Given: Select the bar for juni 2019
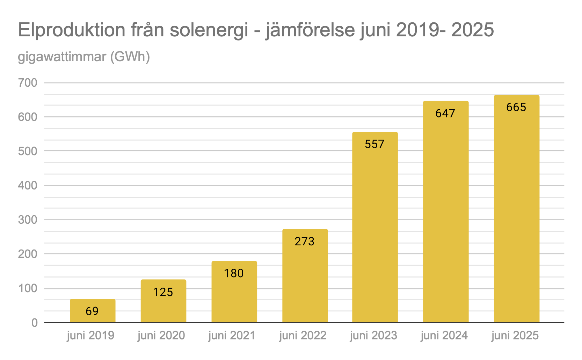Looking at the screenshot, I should click(x=93, y=311).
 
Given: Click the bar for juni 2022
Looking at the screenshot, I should click(x=305, y=276).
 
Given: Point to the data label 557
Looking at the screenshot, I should click(x=374, y=144).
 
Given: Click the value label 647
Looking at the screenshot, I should click(x=445, y=113).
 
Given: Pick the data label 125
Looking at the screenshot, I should click(x=163, y=292).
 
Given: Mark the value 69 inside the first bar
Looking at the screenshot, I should click(x=92, y=311).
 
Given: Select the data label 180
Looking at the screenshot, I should click(x=234, y=273).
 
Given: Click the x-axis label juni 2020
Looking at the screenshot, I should click(x=161, y=336).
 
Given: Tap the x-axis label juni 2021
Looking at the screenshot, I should click(x=232, y=336).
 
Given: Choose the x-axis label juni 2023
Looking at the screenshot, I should click(x=373, y=336).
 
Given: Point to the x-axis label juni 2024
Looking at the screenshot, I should click(x=444, y=336).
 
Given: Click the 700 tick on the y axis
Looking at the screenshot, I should click(x=28, y=83).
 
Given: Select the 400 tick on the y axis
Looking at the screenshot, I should click(x=28, y=186).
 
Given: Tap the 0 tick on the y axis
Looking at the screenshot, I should click(x=34, y=323).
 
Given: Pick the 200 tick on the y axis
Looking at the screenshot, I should click(x=28, y=254).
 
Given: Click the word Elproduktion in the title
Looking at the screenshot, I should click(x=72, y=30).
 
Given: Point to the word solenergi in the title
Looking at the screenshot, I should click(x=209, y=30).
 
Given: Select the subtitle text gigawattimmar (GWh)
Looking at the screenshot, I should click(x=84, y=57).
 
